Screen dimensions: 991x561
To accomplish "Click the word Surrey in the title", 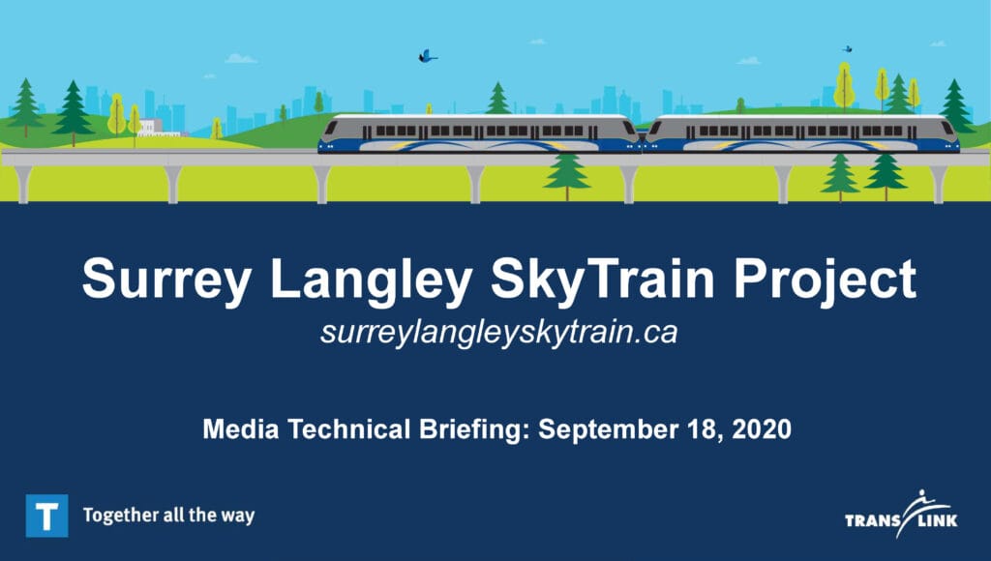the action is (166, 280).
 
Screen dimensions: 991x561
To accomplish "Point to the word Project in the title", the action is (825, 280).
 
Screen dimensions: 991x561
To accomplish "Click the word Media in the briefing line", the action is (241, 429).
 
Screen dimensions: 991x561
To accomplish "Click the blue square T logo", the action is (46, 516).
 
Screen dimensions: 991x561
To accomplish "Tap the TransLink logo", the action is (901, 515).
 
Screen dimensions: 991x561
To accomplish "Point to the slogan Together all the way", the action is (168, 516).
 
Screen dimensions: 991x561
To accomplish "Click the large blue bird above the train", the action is (427, 56).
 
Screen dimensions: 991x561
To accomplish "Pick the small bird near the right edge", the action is (848, 48).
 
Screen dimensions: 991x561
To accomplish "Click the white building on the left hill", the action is (152, 129).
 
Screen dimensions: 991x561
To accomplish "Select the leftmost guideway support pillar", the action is (23, 184).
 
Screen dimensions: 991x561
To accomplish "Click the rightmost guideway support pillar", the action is (937, 184).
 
